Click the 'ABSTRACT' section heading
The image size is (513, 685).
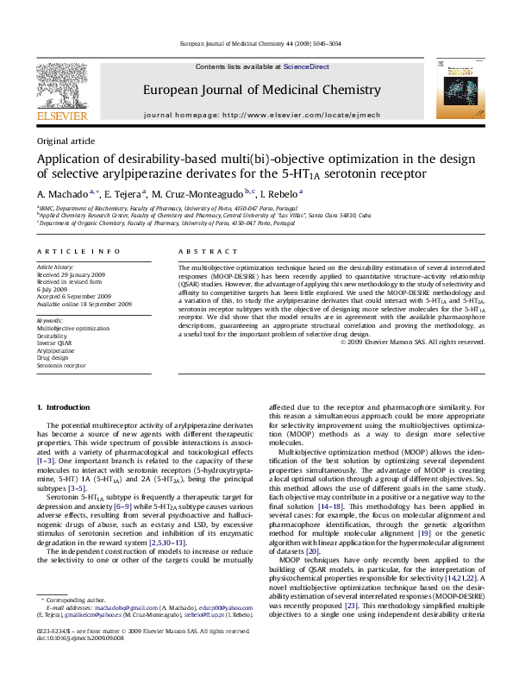coord(199,251)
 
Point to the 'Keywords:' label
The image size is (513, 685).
coord(50,320)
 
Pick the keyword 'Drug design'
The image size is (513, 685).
coord(53,358)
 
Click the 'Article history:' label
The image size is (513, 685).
coord(54,268)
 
